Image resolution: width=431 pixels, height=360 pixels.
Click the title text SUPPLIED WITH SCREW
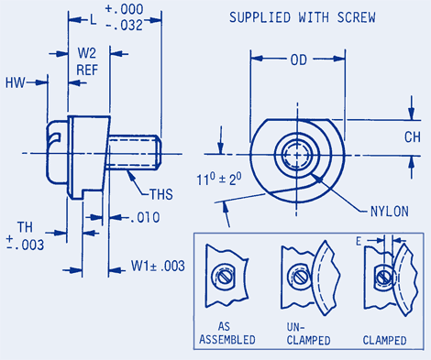(303, 17)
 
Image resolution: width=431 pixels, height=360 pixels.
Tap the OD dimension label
(299, 60)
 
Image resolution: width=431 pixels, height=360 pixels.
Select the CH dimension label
(413, 137)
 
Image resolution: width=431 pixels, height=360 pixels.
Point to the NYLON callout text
(389, 212)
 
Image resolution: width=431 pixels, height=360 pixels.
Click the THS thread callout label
(161, 194)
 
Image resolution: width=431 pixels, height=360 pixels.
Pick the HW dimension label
(15, 82)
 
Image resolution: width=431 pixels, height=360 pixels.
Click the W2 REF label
(87, 61)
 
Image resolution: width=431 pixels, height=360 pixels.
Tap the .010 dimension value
(145, 217)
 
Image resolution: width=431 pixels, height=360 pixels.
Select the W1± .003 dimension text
(158, 266)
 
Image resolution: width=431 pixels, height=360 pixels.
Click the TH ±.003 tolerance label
(25, 236)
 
